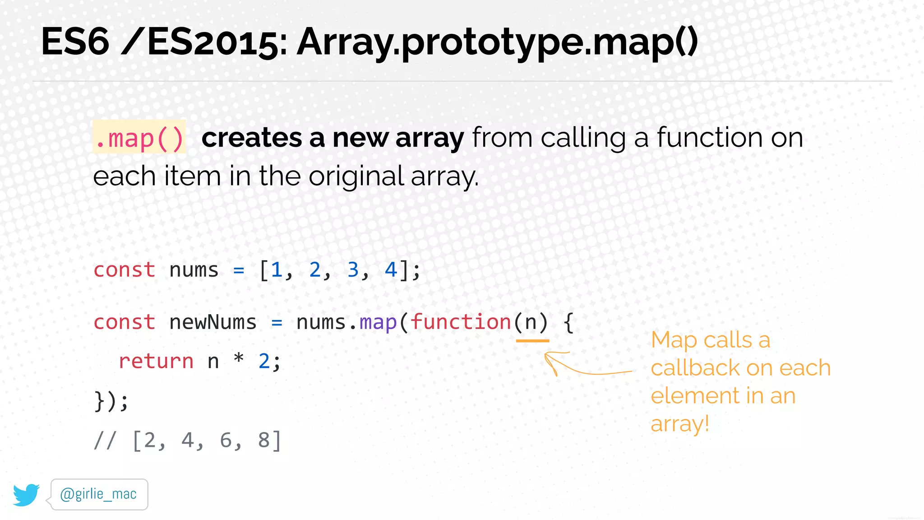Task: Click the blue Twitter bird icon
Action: (26, 495)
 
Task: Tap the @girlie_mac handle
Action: (98, 494)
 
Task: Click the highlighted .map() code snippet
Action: (139, 138)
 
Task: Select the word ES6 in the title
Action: (75, 42)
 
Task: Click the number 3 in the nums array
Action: (353, 270)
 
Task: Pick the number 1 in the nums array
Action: (277, 270)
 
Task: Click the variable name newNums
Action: (213, 322)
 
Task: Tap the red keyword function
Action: (461, 322)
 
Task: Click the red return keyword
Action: (156, 361)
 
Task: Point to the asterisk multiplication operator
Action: (239, 359)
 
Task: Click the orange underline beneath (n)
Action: (532, 341)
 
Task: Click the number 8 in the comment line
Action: (264, 440)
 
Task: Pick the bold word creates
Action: (252, 138)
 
